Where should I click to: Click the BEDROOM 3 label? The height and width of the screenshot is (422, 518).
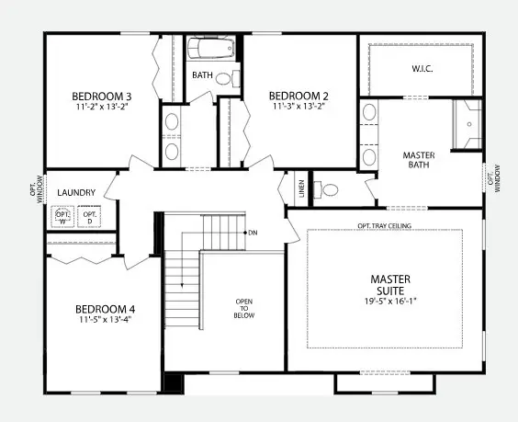[x=102, y=96]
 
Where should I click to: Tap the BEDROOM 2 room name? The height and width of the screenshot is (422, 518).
[x=298, y=96]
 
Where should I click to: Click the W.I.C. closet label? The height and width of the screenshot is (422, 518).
[x=423, y=69]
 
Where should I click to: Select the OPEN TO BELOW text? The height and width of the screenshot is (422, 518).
[x=243, y=308]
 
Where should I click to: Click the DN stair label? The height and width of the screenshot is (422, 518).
[x=253, y=233]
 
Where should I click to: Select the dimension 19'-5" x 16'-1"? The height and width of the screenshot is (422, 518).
[x=390, y=302]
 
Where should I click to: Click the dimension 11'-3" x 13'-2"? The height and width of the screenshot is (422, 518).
[x=298, y=107]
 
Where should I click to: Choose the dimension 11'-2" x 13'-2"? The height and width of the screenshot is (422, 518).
[x=102, y=107]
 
